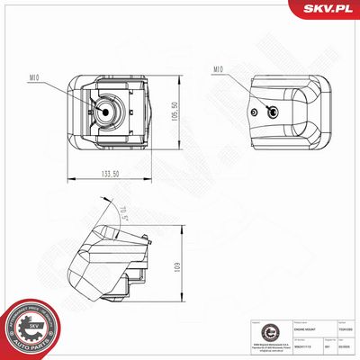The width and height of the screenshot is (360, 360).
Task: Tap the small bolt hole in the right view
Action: pos(259,111)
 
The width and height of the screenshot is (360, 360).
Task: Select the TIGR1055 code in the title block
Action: pos(344,329)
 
